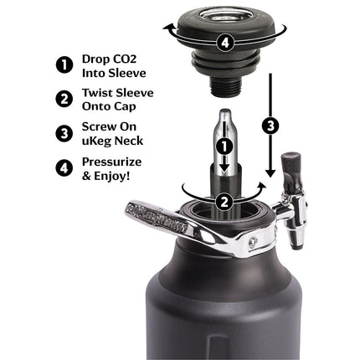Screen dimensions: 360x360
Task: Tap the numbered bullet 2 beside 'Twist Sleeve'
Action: [62, 100]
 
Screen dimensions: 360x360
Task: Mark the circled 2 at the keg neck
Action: [223, 200]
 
